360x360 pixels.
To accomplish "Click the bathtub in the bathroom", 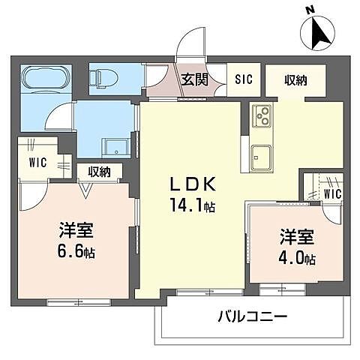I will point(45,78).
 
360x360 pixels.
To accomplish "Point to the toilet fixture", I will point(105,76).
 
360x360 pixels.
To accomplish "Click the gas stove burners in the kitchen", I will point(263,115).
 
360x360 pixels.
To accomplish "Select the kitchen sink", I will point(263,157).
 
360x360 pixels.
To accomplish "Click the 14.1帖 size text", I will point(191,205).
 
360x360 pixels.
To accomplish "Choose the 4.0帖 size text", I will point(298,259).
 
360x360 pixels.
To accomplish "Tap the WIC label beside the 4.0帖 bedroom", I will point(332,193).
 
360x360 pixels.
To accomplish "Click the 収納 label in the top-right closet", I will point(295,79).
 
